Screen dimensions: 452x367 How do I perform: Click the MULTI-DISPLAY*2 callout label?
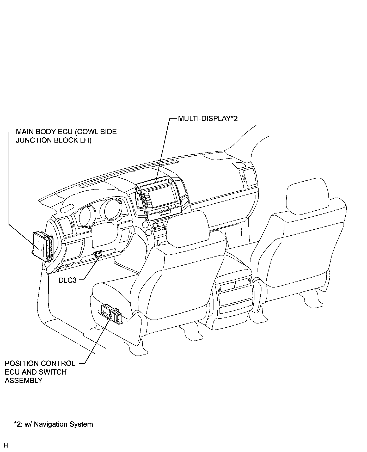click(x=208, y=119)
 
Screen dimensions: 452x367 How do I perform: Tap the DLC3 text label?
click(x=67, y=280)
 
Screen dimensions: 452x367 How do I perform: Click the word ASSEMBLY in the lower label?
click(x=23, y=381)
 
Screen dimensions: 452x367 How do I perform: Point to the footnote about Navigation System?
click(x=53, y=424)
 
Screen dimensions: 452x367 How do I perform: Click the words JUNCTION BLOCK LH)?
click(x=53, y=141)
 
